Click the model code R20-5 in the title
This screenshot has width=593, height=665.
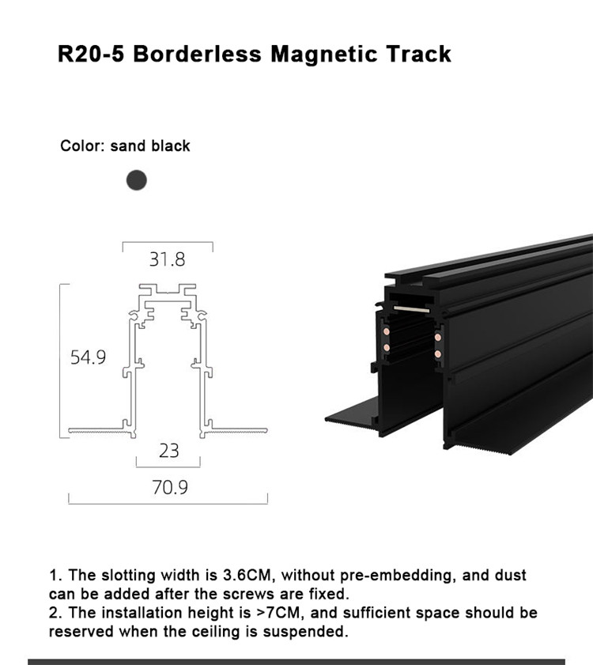[91, 55]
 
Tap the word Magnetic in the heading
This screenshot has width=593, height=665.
[324, 55]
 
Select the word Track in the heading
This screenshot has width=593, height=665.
[418, 55]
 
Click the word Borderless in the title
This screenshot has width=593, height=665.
[197, 55]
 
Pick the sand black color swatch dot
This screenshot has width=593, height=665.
[137, 180]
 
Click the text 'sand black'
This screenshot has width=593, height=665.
[150, 146]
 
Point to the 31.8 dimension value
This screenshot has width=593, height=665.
[167, 259]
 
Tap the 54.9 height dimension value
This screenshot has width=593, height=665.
[88, 357]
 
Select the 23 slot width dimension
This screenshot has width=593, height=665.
[169, 451]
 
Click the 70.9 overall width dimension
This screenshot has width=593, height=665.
[170, 487]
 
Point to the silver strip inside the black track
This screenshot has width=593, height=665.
[411, 309]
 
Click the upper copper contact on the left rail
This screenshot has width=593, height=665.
[387, 331]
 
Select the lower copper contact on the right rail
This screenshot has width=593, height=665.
[438, 353]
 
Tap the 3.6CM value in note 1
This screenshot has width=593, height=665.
[247, 576]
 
